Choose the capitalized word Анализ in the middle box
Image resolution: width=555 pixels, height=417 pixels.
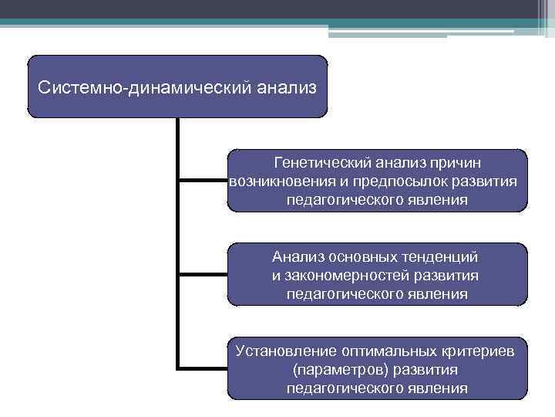click(x=298, y=256)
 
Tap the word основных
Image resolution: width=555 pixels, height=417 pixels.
click(x=362, y=256)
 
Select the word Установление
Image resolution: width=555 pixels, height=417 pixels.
click(x=284, y=351)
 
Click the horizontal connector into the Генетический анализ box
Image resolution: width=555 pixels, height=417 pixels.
click(x=203, y=181)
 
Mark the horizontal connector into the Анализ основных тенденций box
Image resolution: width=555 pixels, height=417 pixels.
click(x=203, y=274)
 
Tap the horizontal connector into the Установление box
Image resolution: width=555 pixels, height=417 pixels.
click(x=203, y=368)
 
